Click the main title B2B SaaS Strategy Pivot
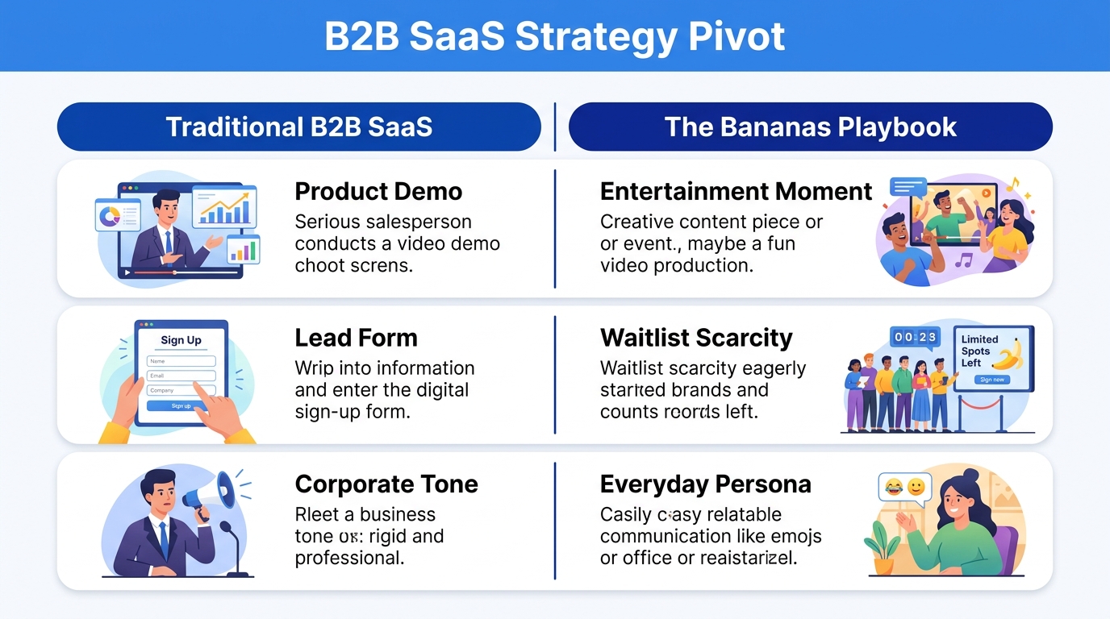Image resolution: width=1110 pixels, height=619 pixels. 554,37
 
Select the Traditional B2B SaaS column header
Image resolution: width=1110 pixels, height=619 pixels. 298,127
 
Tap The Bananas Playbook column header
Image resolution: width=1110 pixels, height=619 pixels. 810,127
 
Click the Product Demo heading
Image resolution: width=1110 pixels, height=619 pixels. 378,192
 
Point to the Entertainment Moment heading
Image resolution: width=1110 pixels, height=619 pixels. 736,192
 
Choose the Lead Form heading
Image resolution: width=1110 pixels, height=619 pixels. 356,338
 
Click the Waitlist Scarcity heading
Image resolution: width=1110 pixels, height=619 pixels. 696,338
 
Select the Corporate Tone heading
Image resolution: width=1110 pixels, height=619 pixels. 386,484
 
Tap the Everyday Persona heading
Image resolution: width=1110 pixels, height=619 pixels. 705,484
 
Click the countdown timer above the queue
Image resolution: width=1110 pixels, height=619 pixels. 915,338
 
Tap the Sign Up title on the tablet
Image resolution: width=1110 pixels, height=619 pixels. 182,340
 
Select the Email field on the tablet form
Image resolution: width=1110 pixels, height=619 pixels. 182,376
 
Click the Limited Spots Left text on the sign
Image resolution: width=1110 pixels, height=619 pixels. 979,351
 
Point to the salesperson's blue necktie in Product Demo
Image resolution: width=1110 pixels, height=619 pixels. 167,241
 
